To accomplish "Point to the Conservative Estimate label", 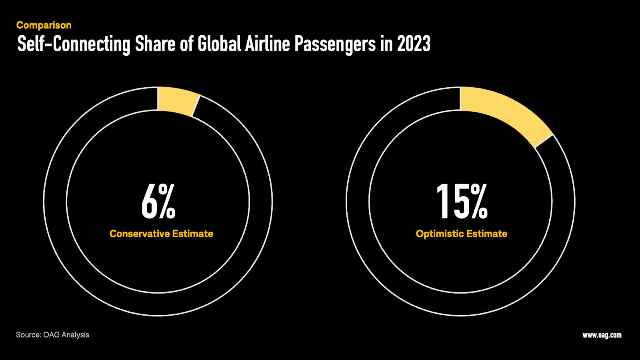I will pos(161,234).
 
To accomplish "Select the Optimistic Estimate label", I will pos(461,234).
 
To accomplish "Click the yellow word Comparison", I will pos(44,25).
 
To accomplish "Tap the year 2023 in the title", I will pos(414,44).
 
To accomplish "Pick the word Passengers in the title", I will pos(335,44).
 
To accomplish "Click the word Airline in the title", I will pos(267,44).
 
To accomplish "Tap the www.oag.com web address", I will pos(602,335).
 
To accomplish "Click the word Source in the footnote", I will pos(28,335).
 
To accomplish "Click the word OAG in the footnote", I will pos(51,335).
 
